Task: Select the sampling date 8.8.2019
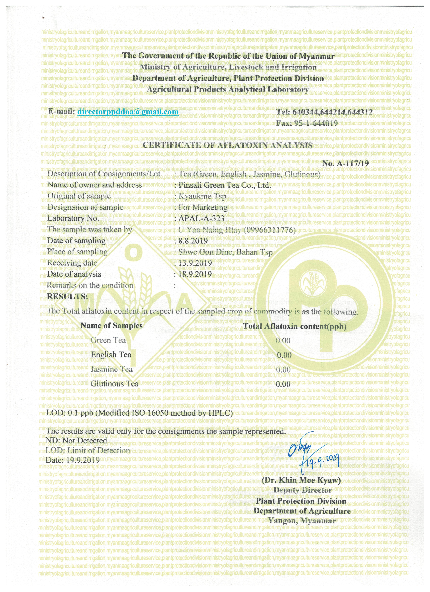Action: click(x=193, y=241)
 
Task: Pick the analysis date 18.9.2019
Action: click(x=195, y=274)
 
